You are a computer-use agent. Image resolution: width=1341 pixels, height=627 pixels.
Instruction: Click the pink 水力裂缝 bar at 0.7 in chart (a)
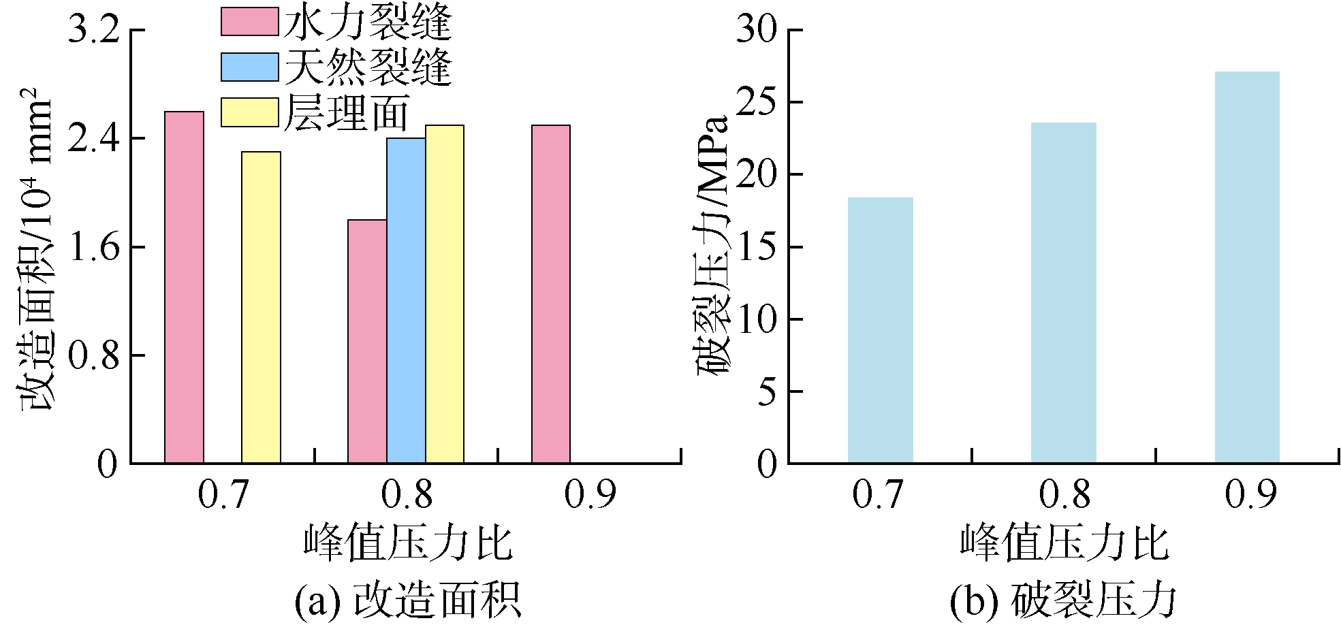pos(184,287)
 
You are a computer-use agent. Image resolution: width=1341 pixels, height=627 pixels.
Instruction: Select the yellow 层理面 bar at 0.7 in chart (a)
pos(261,308)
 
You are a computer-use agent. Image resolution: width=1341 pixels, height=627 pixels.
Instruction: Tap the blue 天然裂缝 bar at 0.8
pos(406,301)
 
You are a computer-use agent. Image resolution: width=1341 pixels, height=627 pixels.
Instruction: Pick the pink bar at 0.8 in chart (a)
pos(367,342)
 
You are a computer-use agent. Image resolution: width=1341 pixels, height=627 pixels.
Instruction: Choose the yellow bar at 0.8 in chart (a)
pos(445,294)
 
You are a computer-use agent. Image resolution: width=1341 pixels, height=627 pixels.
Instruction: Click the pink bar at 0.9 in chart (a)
pos(551,294)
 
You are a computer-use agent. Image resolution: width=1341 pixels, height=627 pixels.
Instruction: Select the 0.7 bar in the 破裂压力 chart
pos(880,331)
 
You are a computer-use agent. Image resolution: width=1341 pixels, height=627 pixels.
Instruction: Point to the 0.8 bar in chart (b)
pos(1063,293)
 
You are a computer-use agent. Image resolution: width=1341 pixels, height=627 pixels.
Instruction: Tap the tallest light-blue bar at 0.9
pos(1247,268)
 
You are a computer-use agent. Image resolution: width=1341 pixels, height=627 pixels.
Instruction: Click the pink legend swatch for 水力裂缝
pos(250,22)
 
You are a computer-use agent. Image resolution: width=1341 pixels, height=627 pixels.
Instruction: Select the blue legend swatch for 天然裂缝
pos(250,67)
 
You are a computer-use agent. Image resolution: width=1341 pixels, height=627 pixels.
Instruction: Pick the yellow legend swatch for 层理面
pos(250,112)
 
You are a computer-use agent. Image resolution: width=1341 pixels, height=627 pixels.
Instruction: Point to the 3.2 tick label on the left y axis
pos(94,31)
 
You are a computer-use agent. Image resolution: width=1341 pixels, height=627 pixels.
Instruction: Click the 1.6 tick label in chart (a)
pos(94,247)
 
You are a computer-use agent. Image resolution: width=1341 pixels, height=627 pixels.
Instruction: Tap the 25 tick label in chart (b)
pos(756,103)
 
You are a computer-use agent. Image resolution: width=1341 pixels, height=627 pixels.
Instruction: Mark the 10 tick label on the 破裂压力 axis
pos(756,319)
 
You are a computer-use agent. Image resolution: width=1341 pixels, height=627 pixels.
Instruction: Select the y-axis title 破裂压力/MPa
pos(712,245)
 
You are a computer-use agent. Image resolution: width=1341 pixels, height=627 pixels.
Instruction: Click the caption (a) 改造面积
pos(407,600)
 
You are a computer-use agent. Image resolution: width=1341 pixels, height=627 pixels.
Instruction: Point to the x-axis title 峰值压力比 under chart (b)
pos(1064,543)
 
